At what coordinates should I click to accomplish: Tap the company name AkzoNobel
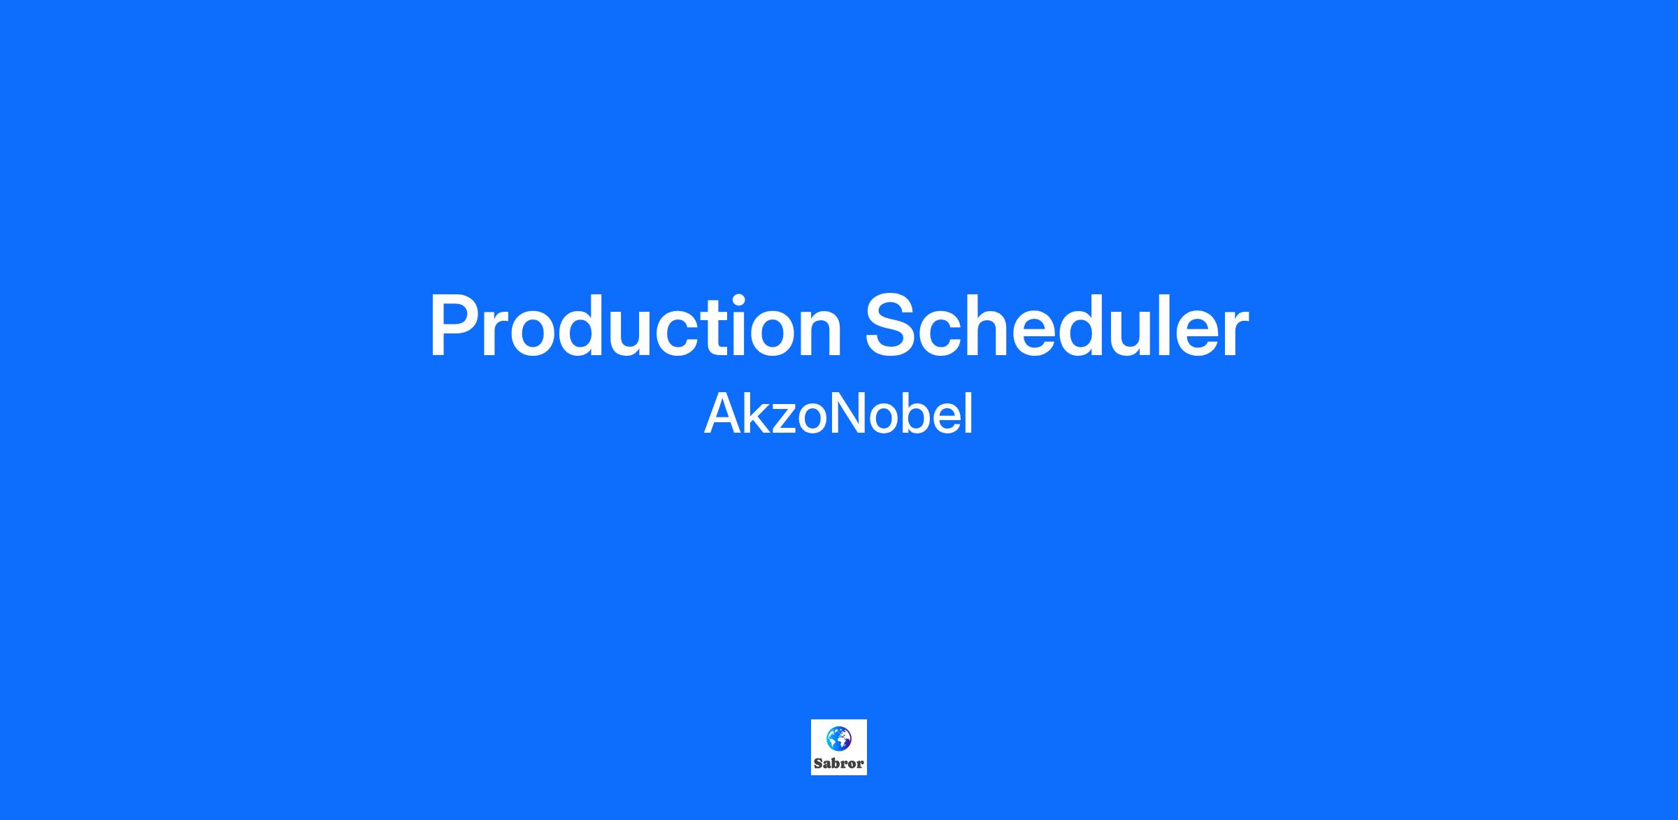pyautogui.click(x=838, y=414)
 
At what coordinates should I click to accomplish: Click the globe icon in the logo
pyautogui.click(x=839, y=739)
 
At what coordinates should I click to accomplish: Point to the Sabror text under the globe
pyautogui.click(x=839, y=763)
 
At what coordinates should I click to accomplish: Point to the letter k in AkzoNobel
pyautogui.click(x=759, y=414)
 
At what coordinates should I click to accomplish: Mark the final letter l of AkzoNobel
pyautogui.click(x=969, y=414)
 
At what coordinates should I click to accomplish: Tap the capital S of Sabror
pyautogui.click(x=818, y=763)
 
